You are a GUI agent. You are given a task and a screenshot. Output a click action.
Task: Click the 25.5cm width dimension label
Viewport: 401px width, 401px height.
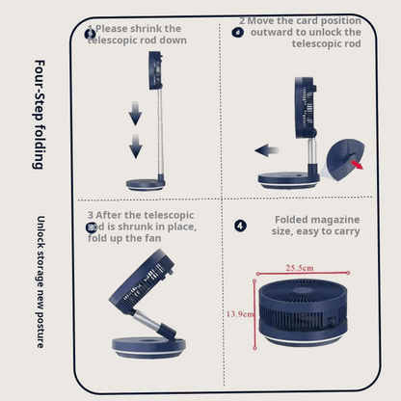pyautogui.click(x=298, y=267)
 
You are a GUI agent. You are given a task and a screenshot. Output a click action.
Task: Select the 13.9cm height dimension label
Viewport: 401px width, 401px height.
pyautogui.click(x=240, y=314)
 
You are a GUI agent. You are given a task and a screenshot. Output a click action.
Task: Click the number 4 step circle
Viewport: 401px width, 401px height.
pyautogui.click(x=240, y=226)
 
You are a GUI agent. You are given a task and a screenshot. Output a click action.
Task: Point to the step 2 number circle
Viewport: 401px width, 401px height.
pyautogui.click(x=238, y=32)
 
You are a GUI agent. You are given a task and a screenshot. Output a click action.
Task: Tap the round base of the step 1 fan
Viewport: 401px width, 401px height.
pyautogui.click(x=146, y=183)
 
